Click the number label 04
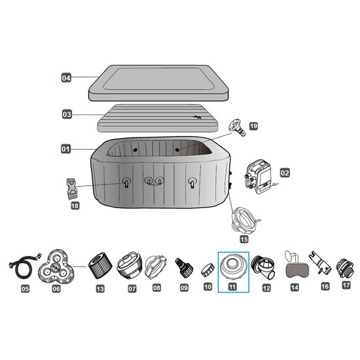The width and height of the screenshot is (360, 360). (x=66, y=78)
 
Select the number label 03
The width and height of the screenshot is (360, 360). (x=67, y=115)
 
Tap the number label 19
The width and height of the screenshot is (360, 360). (x=253, y=126)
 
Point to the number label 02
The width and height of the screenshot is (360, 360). (x=285, y=173)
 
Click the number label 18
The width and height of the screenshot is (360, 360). (x=75, y=206)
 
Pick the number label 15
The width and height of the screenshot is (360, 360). (x=244, y=239)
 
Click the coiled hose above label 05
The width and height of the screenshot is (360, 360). (x=24, y=266)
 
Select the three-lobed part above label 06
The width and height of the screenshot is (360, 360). (x=56, y=266)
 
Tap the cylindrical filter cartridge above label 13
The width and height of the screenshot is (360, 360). (x=100, y=268)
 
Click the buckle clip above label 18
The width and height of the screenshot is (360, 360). (x=71, y=189)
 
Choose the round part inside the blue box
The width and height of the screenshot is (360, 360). (x=233, y=268)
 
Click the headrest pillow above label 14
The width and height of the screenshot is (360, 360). (x=295, y=268)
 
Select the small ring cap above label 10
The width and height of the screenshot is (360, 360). (x=207, y=270)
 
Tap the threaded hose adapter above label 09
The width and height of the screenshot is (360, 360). (x=184, y=268)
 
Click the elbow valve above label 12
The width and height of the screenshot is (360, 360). (x=263, y=267)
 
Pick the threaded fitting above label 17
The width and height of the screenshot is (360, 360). (x=346, y=268)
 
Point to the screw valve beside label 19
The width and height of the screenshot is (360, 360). (x=237, y=127)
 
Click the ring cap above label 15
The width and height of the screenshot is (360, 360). (x=245, y=220)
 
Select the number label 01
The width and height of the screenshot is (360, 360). (x=65, y=149)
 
